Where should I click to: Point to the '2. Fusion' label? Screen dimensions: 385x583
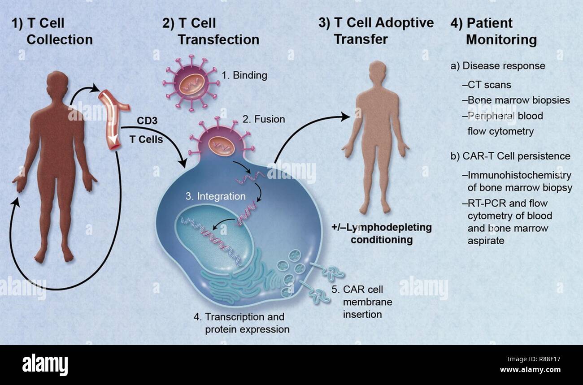pyautogui.click(x=264, y=119)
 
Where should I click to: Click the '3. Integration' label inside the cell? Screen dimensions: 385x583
pyautogui.click(x=216, y=196)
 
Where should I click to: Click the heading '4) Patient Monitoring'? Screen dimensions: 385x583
pyautogui.click(x=493, y=31)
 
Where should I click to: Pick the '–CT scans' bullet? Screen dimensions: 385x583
pyautogui.click(x=486, y=84)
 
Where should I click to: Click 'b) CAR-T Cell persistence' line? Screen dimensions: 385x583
pyautogui.click(x=510, y=156)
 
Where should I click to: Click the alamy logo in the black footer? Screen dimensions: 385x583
pyautogui.click(x=45, y=364)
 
